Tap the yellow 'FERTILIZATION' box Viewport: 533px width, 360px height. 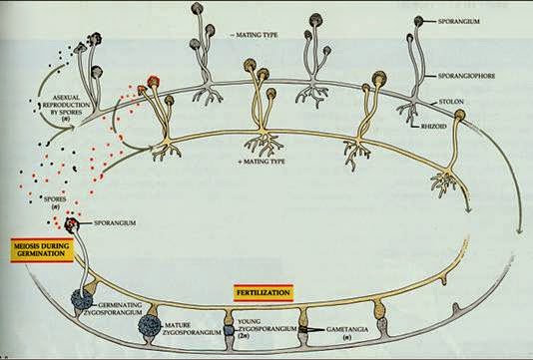pos(264,292)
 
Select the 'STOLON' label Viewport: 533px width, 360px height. pos(455,100)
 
